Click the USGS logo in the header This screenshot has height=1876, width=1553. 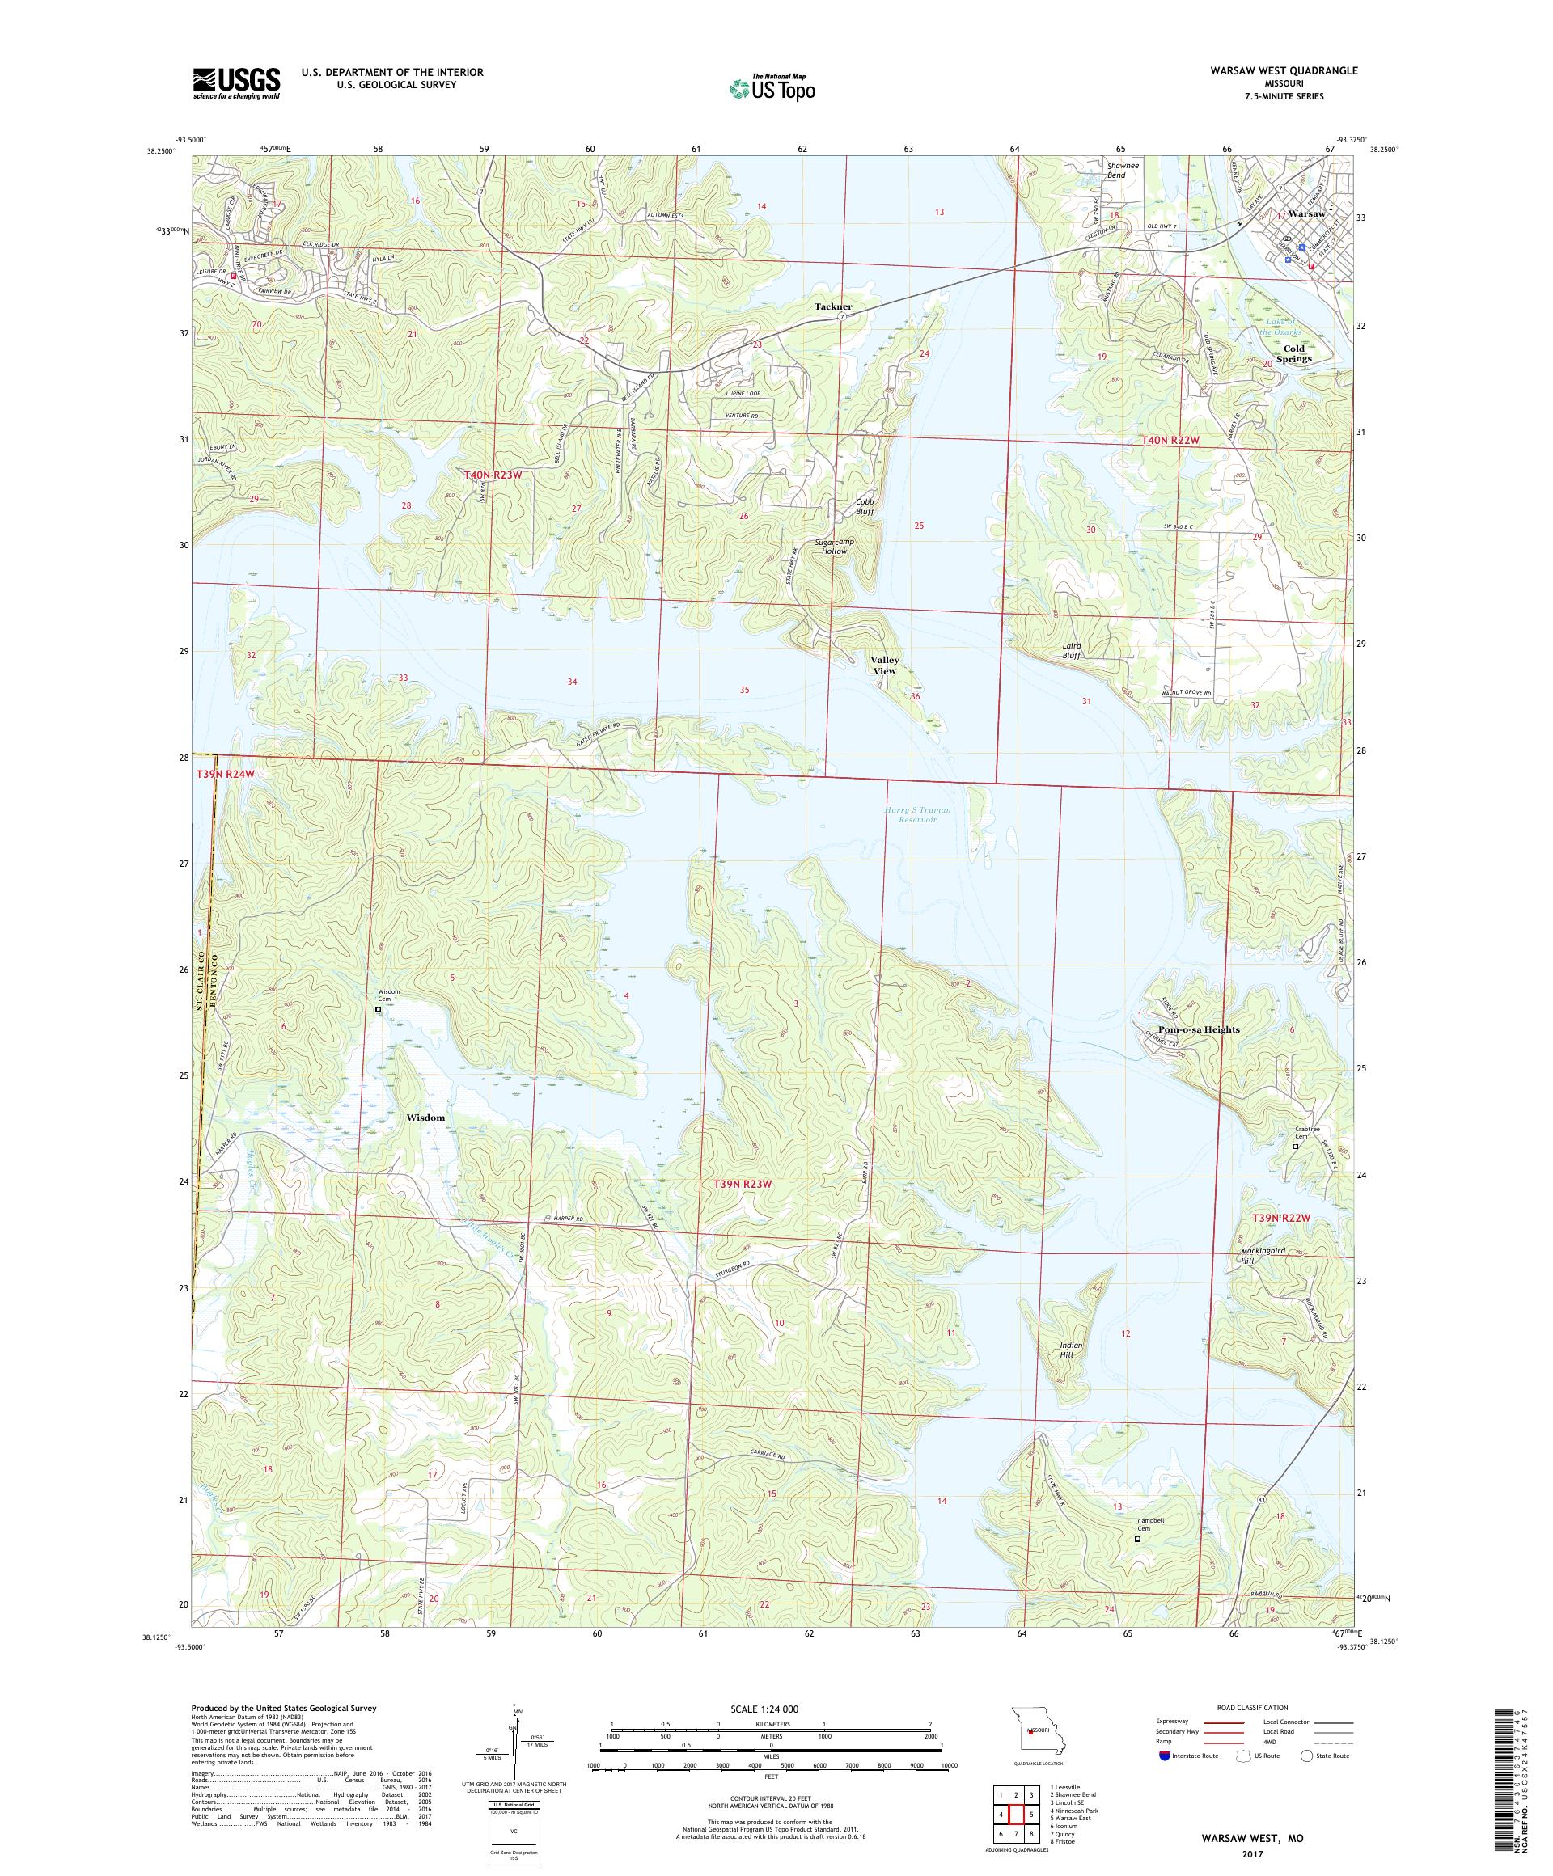point(236,84)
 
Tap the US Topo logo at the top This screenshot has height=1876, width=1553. point(773,87)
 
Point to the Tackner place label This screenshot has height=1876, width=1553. point(833,306)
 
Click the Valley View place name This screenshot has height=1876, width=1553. point(885,665)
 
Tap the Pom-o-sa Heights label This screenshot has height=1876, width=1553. point(1197,1029)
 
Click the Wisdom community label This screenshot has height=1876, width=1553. point(425,1118)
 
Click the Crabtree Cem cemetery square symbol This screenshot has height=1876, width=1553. point(1296,1146)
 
